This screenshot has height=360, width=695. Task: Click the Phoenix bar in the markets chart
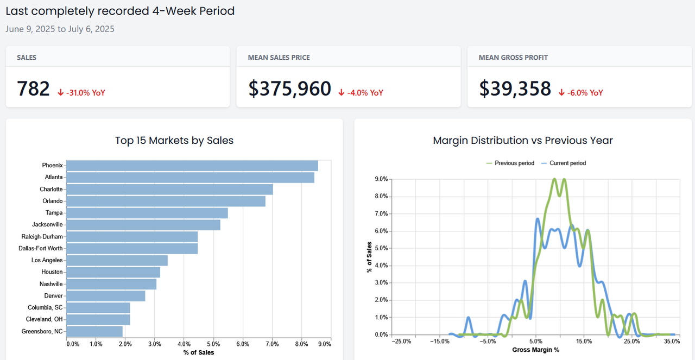pyautogui.click(x=192, y=166)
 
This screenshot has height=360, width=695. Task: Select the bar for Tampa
pyautogui.click(x=147, y=213)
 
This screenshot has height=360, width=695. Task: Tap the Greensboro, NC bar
pyautogui.click(x=94, y=331)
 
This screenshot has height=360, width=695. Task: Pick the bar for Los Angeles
pyautogui.click(x=117, y=260)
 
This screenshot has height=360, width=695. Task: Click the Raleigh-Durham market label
pyautogui.click(x=42, y=237)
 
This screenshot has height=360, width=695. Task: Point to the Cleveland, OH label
pyautogui.click(x=44, y=319)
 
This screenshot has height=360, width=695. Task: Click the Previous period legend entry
pyautogui.click(x=510, y=163)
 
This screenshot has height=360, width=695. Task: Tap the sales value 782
pyautogui.click(x=33, y=89)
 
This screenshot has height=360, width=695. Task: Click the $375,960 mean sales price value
pyautogui.click(x=289, y=89)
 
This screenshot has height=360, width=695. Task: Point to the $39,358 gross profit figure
pyautogui.click(x=515, y=89)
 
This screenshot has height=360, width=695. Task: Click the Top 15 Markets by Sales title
pyautogui.click(x=174, y=141)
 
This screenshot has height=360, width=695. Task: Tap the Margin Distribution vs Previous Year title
pyautogui.click(x=523, y=141)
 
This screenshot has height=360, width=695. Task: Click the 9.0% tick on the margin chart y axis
pyautogui.click(x=381, y=179)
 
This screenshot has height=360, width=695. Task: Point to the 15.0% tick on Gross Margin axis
pyautogui.click(x=584, y=342)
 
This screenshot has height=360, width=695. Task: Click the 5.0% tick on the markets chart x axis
pyautogui.click(x=213, y=344)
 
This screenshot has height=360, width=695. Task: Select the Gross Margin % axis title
pyautogui.click(x=535, y=350)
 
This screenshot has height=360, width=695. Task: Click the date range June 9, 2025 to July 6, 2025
pyautogui.click(x=60, y=29)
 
